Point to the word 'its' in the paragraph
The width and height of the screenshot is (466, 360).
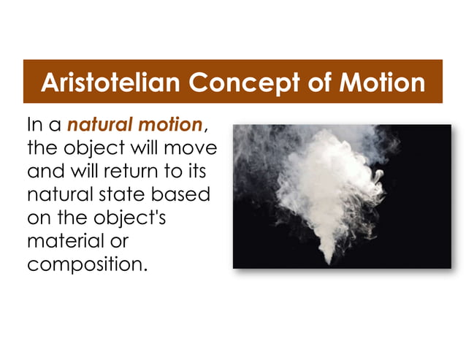pyautogui.click(x=196, y=172)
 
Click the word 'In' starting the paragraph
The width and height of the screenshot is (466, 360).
pyautogui.click(x=34, y=126)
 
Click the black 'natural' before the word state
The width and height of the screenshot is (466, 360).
pyautogui.click(x=65, y=195)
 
